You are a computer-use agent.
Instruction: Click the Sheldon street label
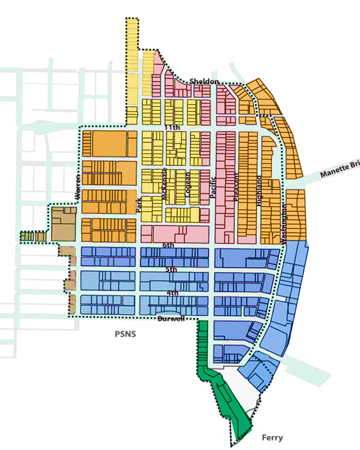click(x=205, y=82)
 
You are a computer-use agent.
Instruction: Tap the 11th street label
click(x=172, y=128)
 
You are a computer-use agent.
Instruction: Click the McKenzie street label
click(x=165, y=184)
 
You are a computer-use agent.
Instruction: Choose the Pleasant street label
click(x=236, y=187)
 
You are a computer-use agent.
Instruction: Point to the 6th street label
click(x=168, y=245)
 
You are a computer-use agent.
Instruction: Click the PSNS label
click(x=125, y=334)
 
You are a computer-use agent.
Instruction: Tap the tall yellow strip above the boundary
click(x=132, y=69)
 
